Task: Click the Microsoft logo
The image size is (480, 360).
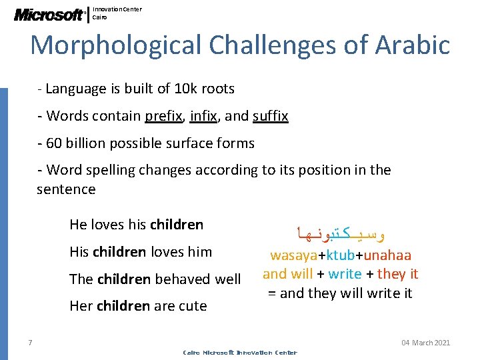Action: click(50, 14)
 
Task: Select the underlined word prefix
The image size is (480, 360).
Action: click(163, 116)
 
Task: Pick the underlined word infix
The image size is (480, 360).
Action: click(203, 116)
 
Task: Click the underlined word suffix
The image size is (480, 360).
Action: click(270, 116)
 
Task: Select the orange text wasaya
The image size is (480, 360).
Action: click(293, 255)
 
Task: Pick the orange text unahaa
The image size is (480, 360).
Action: click(387, 255)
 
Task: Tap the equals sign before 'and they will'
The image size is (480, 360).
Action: click(271, 293)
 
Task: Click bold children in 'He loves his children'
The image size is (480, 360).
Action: click(177, 225)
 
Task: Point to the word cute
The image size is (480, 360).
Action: click(194, 307)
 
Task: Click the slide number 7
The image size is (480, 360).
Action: click(31, 343)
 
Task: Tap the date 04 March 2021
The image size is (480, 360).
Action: click(425, 343)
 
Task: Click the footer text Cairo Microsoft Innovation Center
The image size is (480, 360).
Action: click(239, 353)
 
